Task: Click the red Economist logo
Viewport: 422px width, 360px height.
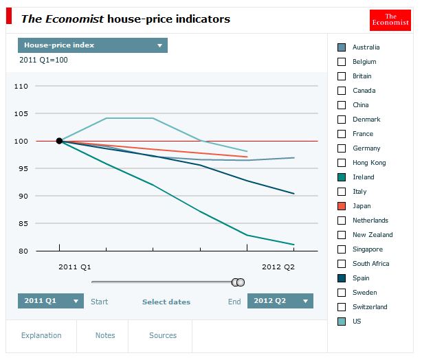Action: [390, 20]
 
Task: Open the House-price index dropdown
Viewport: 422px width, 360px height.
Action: [93, 45]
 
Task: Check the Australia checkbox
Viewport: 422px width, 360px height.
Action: [342, 47]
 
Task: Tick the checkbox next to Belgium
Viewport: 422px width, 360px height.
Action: [342, 62]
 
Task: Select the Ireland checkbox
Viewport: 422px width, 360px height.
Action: [342, 177]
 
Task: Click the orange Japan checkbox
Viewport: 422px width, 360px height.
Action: [342, 206]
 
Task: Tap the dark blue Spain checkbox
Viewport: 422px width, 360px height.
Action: [342, 278]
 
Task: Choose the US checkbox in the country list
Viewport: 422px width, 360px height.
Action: [342, 322]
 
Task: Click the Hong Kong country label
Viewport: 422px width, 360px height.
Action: [369, 163]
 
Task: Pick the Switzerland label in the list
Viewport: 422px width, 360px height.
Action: [370, 307]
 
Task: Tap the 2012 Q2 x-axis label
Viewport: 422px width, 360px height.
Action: [278, 266]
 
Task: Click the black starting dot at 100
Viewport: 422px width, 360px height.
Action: [59, 141]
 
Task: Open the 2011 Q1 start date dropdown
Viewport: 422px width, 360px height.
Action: [50, 301]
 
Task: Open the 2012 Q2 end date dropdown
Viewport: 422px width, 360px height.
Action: [280, 301]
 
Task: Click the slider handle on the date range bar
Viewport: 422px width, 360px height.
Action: [238, 282]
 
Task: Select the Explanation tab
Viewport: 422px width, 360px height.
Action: [41, 336]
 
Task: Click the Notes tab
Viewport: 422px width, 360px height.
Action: [105, 336]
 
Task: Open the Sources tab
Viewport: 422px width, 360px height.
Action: [163, 336]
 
